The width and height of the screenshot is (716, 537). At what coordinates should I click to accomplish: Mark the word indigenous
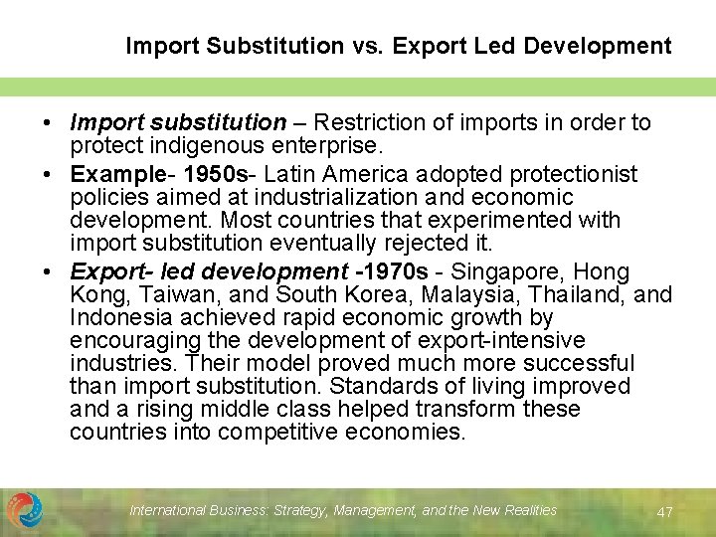click(x=190, y=145)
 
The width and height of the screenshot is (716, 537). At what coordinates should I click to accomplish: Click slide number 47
click(x=665, y=511)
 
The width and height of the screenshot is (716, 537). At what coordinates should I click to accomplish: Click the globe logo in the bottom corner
click(x=25, y=509)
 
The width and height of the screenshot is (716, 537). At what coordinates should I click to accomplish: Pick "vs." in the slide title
click(x=357, y=46)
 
